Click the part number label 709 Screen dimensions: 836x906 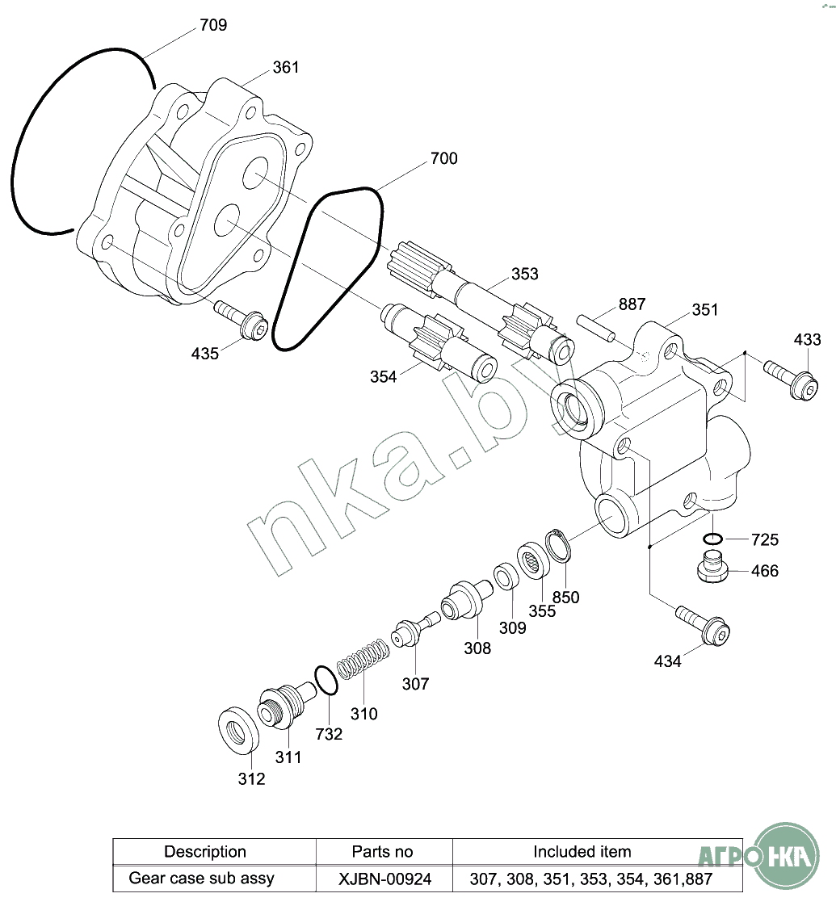coord(213,25)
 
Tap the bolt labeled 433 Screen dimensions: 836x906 coord(792,379)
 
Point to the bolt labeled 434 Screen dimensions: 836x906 coord(703,623)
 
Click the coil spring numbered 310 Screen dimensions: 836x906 coord(363,658)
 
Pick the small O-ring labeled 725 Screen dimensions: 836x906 coord(713,539)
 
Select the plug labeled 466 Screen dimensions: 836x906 coord(712,567)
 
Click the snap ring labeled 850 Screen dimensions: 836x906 coord(558,544)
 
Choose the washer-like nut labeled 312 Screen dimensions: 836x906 coord(238,729)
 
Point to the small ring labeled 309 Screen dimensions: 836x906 coord(506,576)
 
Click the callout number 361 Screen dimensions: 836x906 coord(286,67)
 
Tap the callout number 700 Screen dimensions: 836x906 coord(444,158)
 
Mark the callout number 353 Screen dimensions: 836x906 coord(524,274)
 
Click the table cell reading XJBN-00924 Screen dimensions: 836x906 coord(384,879)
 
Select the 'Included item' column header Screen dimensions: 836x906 coord(582,852)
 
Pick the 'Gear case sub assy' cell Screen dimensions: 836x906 coord(201,879)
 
